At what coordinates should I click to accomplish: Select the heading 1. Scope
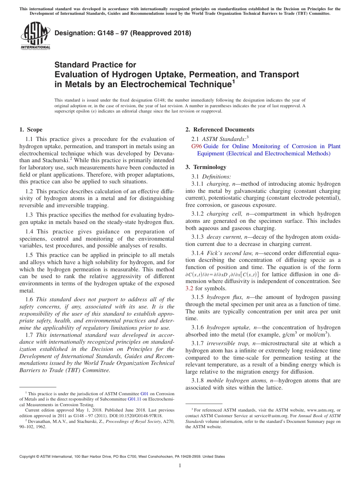click(31, 130)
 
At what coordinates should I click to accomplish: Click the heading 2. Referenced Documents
click(220, 130)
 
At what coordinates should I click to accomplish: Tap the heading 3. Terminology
click(206, 167)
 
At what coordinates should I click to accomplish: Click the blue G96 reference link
click(197, 146)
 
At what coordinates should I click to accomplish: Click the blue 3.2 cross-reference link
click(189, 288)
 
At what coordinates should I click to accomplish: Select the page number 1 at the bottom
click(180, 466)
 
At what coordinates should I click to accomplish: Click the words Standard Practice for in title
click(95, 65)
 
